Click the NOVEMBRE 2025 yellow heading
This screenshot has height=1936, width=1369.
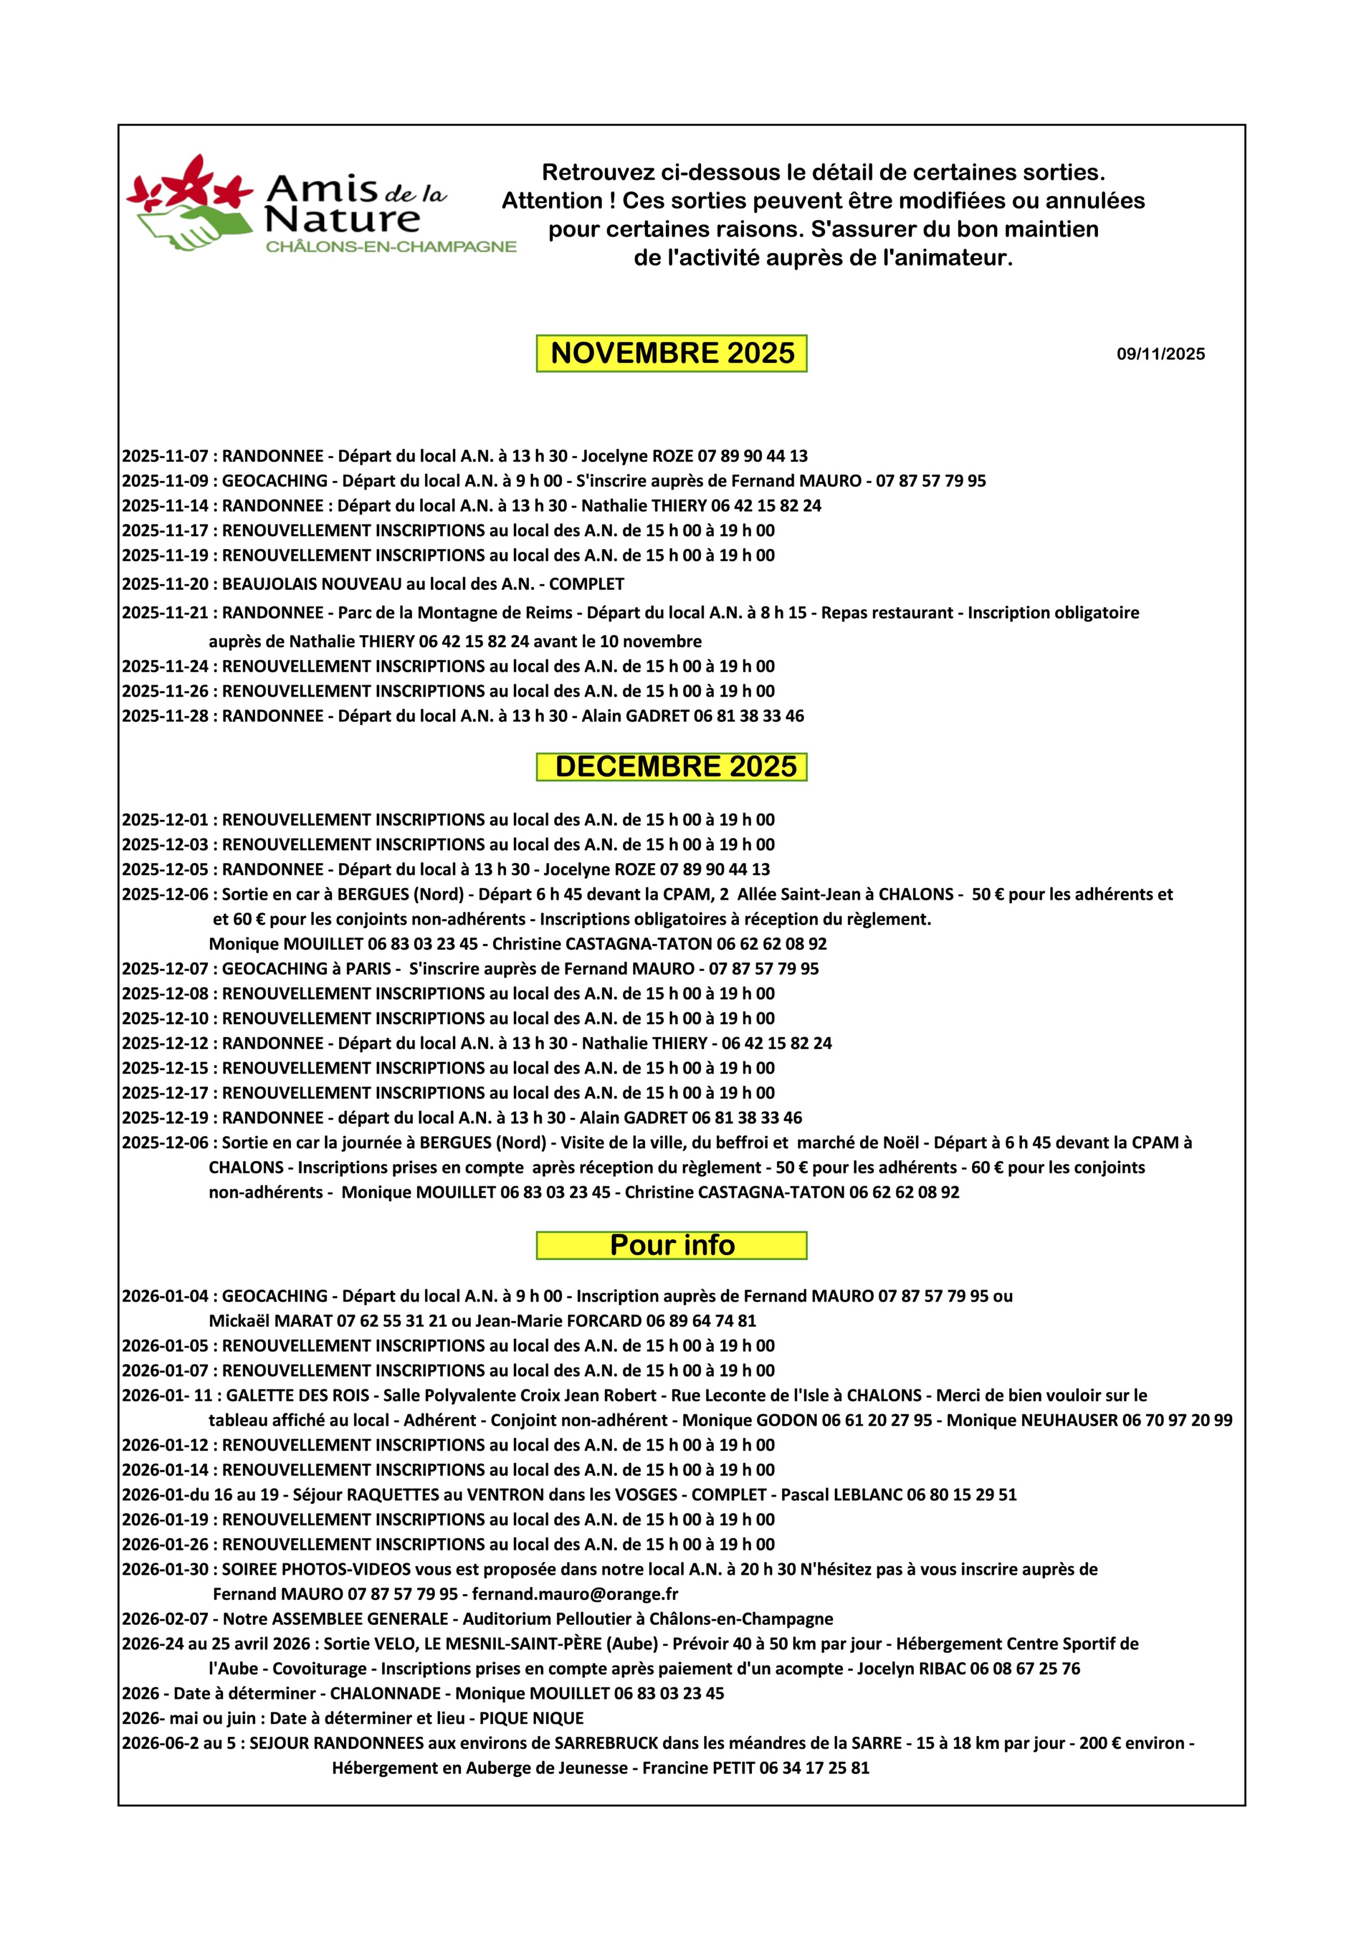(x=672, y=354)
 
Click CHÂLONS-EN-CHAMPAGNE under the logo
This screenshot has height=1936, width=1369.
(x=390, y=247)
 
